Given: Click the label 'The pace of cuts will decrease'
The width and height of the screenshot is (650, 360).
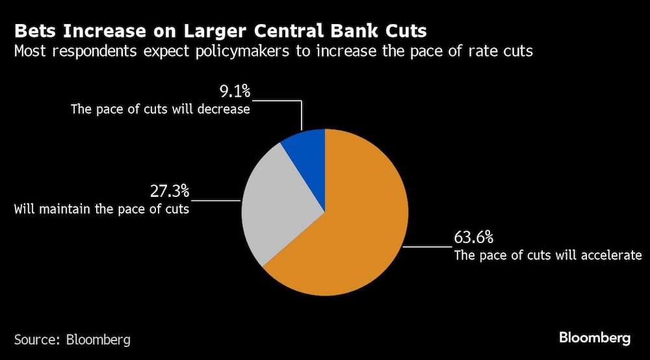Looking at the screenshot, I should (x=161, y=109).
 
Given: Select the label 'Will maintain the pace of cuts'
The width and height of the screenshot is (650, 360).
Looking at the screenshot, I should (x=101, y=209).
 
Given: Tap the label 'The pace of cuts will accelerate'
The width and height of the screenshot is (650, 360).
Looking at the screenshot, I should (x=548, y=255).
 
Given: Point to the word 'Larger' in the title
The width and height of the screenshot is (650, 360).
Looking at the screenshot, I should (x=211, y=31).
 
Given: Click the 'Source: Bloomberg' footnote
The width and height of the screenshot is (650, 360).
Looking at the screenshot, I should (x=72, y=339).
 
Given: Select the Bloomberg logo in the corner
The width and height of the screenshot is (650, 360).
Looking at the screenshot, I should (x=595, y=338).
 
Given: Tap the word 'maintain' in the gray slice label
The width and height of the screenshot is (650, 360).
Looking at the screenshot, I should (x=64, y=209).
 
